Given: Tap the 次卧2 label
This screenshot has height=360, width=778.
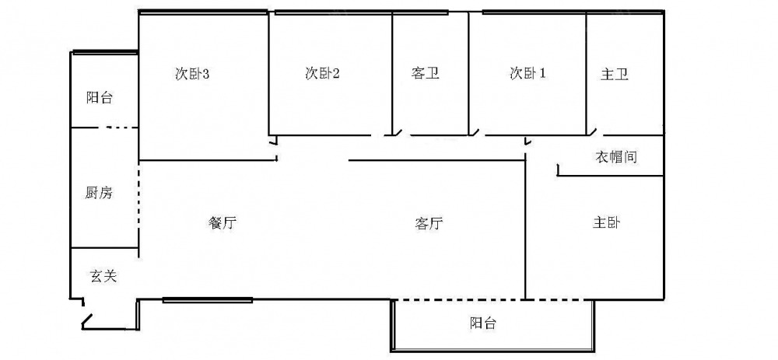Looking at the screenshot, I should click(322, 74).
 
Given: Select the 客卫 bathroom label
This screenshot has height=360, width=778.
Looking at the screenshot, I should click(426, 74).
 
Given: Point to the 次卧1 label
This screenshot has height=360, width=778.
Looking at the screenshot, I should click(527, 74).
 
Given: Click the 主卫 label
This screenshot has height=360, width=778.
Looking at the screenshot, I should click(615, 75).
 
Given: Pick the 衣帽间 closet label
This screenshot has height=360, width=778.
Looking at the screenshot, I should click(617, 157).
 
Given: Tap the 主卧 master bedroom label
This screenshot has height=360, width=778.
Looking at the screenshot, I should click(607, 223).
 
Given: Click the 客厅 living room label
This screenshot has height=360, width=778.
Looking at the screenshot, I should click(429, 224).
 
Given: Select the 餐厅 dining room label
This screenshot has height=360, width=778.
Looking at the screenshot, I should click(223, 223).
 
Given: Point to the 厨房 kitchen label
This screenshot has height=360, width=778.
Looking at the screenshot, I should click(99, 193).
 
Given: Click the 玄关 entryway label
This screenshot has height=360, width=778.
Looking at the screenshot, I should click(103, 275).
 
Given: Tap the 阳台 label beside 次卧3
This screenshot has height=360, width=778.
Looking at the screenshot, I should click(100, 98).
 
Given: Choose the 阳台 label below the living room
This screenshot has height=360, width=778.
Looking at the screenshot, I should click(483, 323).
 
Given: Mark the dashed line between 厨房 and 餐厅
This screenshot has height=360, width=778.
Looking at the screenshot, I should click(139, 203).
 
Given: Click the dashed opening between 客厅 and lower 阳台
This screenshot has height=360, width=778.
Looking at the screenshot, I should click(459, 299).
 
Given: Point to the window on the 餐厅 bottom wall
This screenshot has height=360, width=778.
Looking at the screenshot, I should click(208, 299).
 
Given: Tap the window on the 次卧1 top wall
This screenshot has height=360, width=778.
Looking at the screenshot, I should click(534, 12).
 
